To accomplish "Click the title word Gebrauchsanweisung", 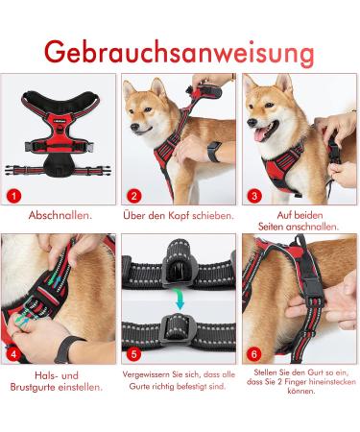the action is pyautogui.click(x=180, y=53).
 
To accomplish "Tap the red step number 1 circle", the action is pyautogui.click(x=13, y=196).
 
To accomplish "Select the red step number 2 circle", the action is pyautogui.click(x=134, y=196).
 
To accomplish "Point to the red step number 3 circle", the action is pyautogui.click(x=254, y=196).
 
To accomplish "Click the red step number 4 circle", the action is pyautogui.click(x=13, y=354).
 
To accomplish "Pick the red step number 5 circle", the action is pyautogui.click(x=134, y=354).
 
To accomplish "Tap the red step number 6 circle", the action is pyautogui.click(x=254, y=354).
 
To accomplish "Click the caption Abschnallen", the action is pyautogui.click(x=60, y=215).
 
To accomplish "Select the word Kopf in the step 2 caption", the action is pyautogui.click(x=179, y=215).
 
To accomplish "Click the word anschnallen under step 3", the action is pyautogui.click(x=312, y=227).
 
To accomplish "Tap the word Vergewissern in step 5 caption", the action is pyautogui.click(x=146, y=374).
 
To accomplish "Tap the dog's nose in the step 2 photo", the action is pyautogui.click(x=134, y=127).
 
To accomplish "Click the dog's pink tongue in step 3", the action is pyautogui.click(x=260, y=134).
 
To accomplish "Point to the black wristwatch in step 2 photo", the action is pyautogui.click(x=214, y=152).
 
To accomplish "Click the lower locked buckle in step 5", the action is pyautogui.click(x=177, y=330).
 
